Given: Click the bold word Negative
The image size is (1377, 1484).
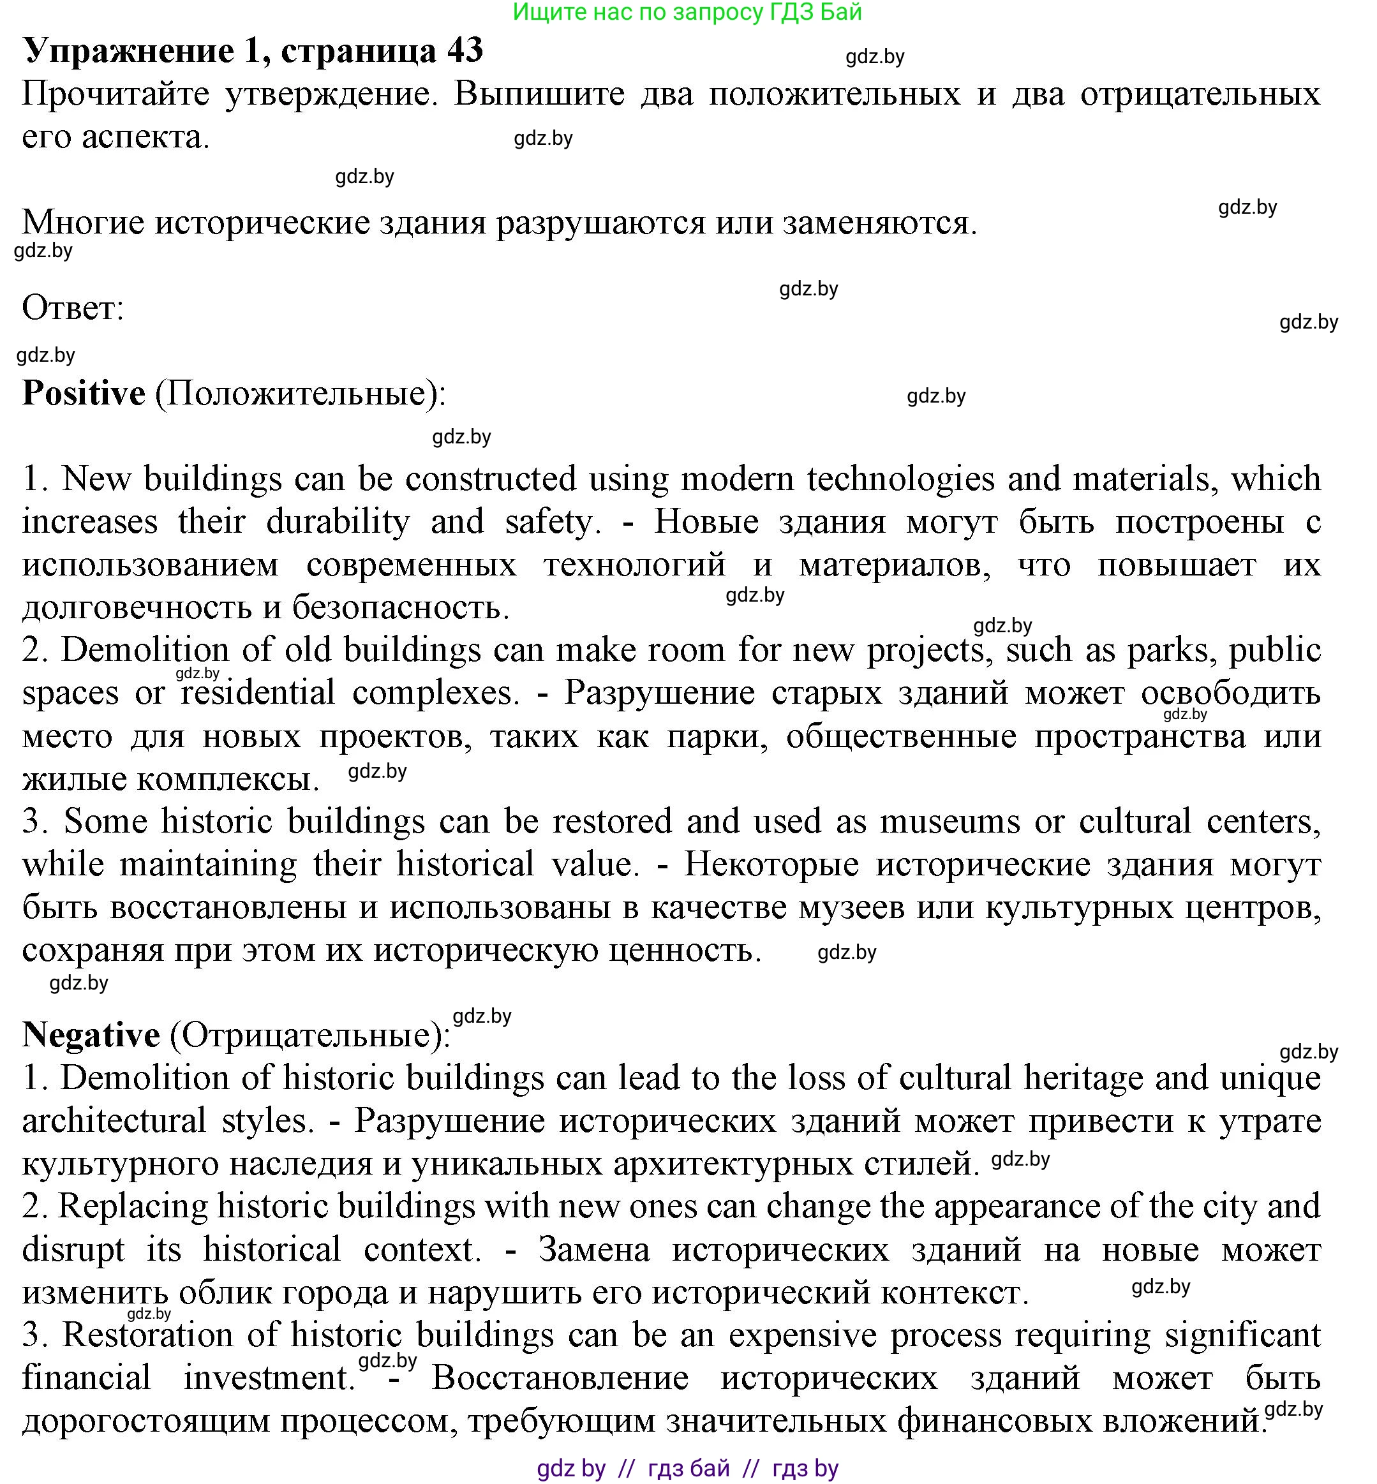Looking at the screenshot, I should click(x=91, y=1035).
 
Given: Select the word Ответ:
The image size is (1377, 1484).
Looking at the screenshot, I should click(x=73, y=308).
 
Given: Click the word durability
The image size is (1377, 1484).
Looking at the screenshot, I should click(x=338, y=521).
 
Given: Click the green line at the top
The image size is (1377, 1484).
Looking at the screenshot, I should click(x=687, y=12).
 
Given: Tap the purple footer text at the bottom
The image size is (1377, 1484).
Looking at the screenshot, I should click(x=687, y=1468).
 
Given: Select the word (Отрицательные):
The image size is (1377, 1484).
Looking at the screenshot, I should click(x=310, y=1035).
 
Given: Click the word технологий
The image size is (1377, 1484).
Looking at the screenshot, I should click(x=634, y=565).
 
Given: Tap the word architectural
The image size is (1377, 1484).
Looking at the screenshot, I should click(x=114, y=1120).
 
